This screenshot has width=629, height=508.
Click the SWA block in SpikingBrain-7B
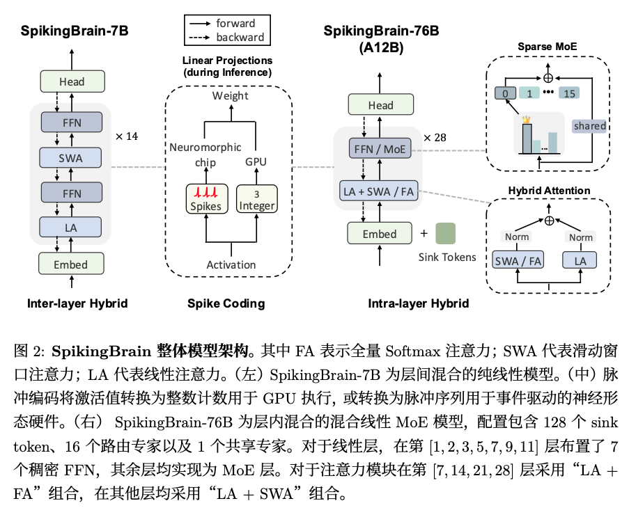click(x=71, y=157)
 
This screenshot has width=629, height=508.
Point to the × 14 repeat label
click(x=127, y=136)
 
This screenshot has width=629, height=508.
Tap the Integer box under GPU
click(x=257, y=199)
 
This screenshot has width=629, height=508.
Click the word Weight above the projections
click(x=231, y=95)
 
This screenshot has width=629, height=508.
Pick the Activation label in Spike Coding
click(x=231, y=264)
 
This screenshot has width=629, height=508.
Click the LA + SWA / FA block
click(x=380, y=191)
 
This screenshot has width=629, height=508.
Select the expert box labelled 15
click(x=569, y=93)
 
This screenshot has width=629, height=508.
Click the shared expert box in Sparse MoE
click(x=589, y=126)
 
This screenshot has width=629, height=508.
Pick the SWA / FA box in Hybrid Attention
click(x=516, y=260)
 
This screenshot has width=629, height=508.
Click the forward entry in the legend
click(x=235, y=23)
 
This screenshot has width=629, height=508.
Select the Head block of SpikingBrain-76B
click(x=380, y=105)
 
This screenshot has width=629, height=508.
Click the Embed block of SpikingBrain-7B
click(x=71, y=264)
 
